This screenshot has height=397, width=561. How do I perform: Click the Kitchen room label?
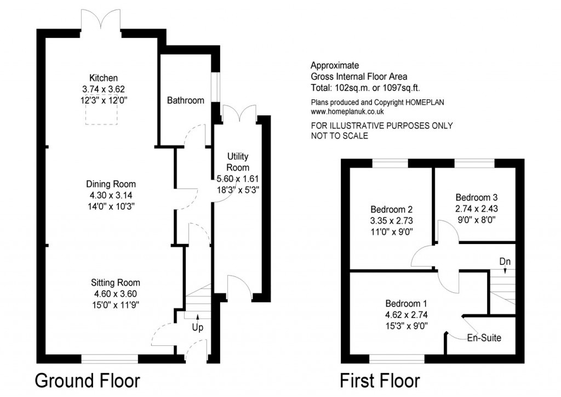[x=104, y=78]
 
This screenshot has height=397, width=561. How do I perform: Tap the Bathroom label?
[x=186, y=100]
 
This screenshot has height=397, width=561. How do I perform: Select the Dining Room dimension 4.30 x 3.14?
[x=111, y=195]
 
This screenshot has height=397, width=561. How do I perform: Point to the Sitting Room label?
[x=115, y=282]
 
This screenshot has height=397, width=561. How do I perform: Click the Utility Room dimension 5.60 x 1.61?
[x=238, y=179]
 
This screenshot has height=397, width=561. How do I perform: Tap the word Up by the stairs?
[x=197, y=327]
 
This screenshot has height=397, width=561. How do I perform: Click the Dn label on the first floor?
[x=505, y=262]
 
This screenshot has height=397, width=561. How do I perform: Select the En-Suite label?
[x=484, y=338]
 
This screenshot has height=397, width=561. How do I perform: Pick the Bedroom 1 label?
[x=406, y=304]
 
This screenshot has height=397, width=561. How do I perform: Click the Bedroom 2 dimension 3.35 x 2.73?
[x=392, y=220]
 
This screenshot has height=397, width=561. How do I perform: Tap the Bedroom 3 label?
[x=477, y=197]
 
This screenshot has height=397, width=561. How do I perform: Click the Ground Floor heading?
[x=88, y=380]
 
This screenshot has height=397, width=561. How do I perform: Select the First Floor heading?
[x=380, y=380]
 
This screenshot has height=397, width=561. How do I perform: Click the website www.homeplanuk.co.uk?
[x=347, y=112]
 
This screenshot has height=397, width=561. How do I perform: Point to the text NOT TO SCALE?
[x=340, y=135]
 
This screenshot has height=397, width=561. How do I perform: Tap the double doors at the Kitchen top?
[x=101, y=21]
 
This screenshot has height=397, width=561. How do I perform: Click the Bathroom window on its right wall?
[x=215, y=87]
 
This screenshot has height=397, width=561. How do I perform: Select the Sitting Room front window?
[x=110, y=359]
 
